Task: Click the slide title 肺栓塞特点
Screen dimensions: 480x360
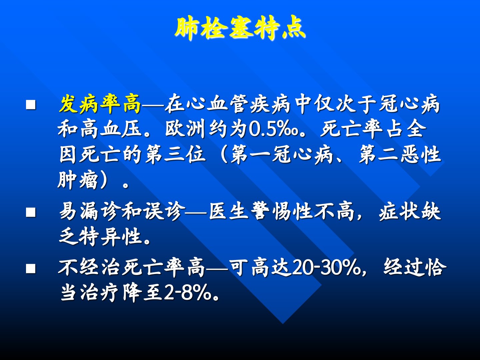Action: [x=240, y=29]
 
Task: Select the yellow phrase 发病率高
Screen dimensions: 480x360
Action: [x=100, y=104]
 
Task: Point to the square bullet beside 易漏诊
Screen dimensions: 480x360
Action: [x=31, y=212]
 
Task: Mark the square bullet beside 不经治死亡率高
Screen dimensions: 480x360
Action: [x=31, y=269]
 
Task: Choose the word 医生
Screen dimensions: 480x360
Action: [x=229, y=212]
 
